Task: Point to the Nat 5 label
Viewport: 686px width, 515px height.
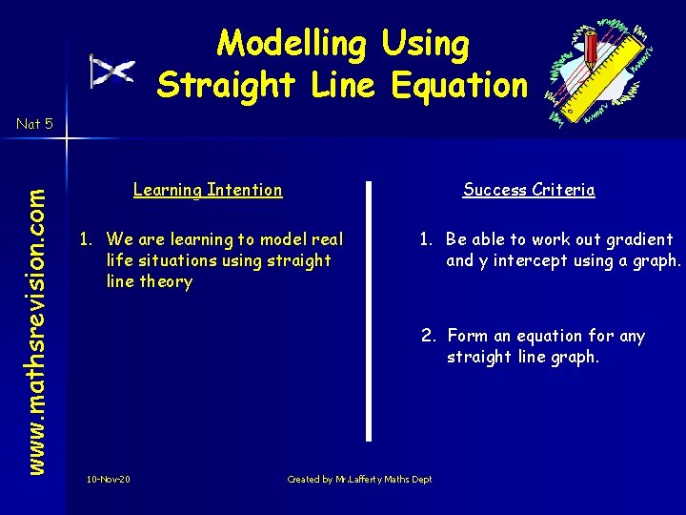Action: tap(34, 123)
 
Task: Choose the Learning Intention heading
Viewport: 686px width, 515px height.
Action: tap(208, 190)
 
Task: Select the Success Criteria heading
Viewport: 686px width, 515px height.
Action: tap(529, 190)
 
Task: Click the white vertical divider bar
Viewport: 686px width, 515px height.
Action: tap(370, 309)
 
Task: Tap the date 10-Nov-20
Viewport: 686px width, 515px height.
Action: tap(108, 479)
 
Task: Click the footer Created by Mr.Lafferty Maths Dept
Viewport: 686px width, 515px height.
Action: tap(359, 479)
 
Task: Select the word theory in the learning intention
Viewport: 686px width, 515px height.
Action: tap(166, 281)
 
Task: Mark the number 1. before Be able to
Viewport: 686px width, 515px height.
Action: tap(428, 239)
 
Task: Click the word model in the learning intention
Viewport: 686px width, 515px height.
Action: tap(279, 239)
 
